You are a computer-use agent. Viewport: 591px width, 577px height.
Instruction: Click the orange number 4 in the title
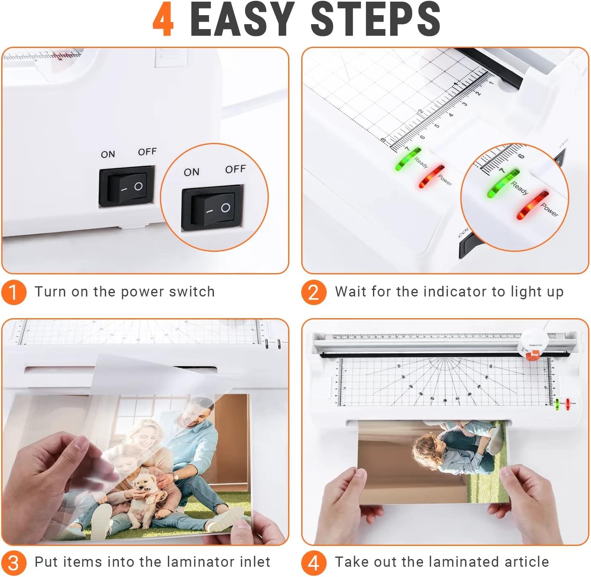[163, 20]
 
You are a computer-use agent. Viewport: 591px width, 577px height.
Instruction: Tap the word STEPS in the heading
[375, 20]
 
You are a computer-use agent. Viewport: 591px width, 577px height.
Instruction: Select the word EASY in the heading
[242, 20]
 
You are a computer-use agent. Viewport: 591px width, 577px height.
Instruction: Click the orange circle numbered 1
[14, 292]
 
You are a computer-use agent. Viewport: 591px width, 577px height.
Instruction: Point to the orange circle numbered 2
[314, 292]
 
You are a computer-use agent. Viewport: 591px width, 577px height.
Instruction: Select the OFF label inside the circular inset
[235, 169]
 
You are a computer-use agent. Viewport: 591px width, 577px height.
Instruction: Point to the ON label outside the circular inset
[108, 154]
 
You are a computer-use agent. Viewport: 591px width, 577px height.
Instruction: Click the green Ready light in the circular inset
[503, 183]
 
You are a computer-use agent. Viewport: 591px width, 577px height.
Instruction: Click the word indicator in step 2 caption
[457, 292]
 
